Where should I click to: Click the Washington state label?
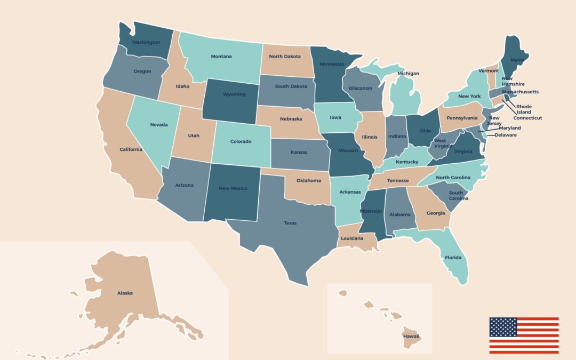(x=146, y=42)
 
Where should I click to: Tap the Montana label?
(x=221, y=57)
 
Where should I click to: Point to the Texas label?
(x=290, y=223)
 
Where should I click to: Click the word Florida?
(x=453, y=258)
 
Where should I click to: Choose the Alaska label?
(x=125, y=293)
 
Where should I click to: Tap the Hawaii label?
(x=411, y=336)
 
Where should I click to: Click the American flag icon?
(x=524, y=335)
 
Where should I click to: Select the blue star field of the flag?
(x=503, y=326)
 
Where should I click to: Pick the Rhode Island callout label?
(x=524, y=109)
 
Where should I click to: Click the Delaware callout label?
(x=506, y=135)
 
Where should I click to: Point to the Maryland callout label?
(x=510, y=128)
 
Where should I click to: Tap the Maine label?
(x=517, y=60)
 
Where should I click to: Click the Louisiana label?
(x=352, y=238)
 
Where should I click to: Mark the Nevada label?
(x=158, y=125)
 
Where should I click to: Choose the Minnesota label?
(x=332, y=65)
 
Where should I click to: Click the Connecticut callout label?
(x=527, y=118)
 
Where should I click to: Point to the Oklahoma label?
(x=308, y=180)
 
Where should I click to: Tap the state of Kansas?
(x=299, y=152)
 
